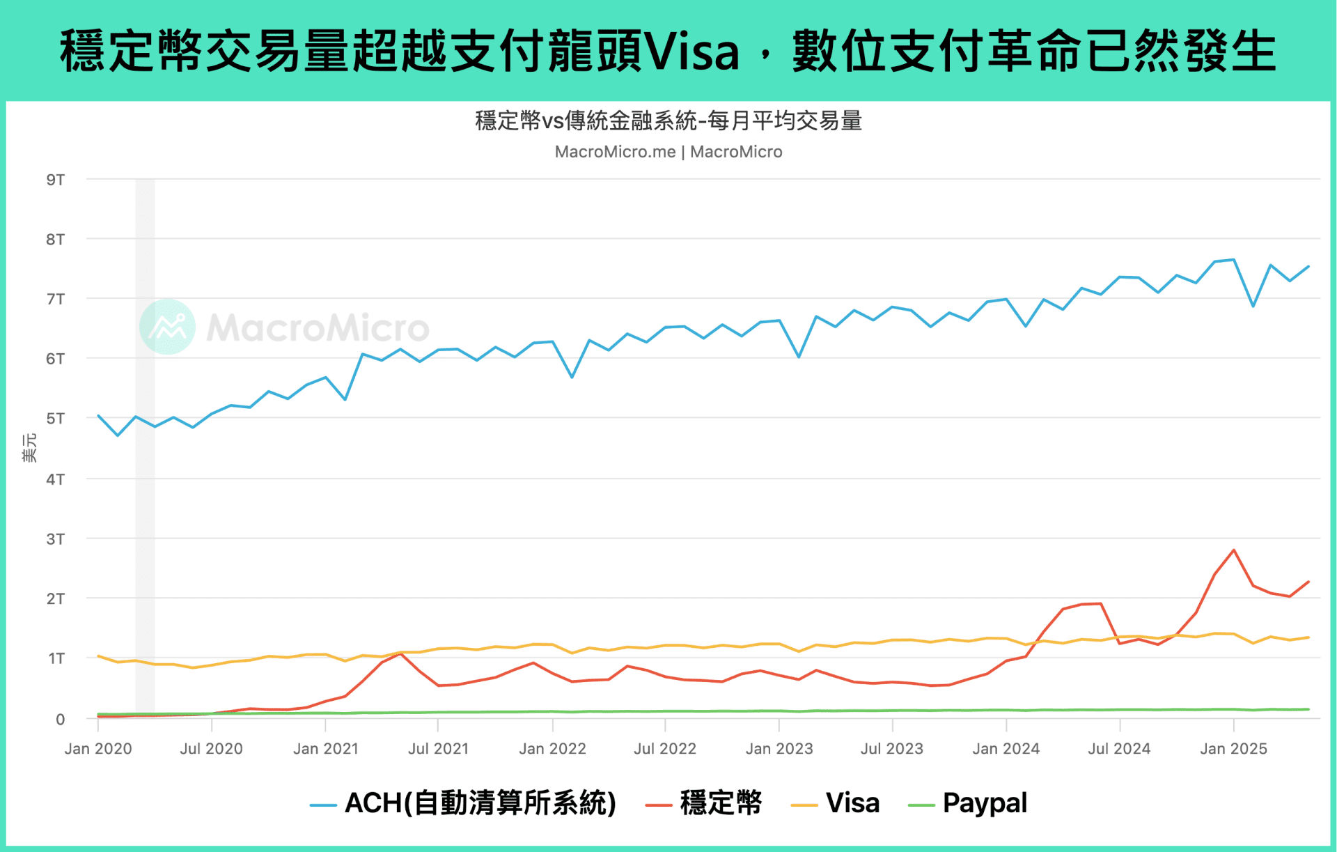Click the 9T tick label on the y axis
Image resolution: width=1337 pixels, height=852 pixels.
(55, 180)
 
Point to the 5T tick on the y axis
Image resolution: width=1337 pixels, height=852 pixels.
(55, 419)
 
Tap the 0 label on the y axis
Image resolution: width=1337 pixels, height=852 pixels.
(60, 719)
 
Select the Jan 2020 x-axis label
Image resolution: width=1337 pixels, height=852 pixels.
(98, 749)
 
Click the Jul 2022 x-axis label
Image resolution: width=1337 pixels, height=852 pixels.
(665, 749)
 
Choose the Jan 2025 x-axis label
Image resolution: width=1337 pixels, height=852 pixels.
(1233, 749)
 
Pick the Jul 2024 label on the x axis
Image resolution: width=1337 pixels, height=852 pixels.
(1119, 749)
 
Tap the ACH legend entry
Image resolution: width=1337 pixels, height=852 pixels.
(464, 803)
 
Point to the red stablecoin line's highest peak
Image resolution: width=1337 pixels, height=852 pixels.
(1234, 550)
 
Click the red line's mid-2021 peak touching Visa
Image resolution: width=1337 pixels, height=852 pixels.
(400, 653)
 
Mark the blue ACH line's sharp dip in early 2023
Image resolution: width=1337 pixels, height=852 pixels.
(799, 357)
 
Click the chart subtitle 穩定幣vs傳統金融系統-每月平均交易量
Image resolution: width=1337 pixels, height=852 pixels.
(668, 121)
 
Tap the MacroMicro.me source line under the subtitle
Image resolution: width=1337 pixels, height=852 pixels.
(668, 152)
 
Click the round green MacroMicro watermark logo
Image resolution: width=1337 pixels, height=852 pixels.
(167, 327)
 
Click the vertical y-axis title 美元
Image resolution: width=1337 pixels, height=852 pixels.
(29, 447)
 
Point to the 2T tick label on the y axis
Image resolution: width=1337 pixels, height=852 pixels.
(55, 598)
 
